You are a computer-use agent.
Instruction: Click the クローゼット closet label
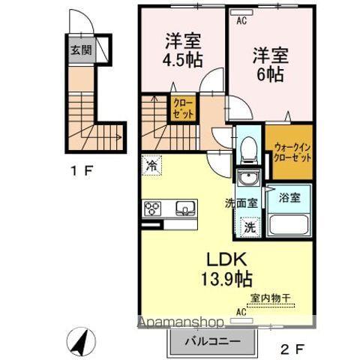(x=183, y=109)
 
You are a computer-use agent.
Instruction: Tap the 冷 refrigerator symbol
(x=151, y=165)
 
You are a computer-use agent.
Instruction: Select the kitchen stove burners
(x=154, y=208)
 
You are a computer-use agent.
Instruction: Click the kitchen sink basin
(x=184, y=208)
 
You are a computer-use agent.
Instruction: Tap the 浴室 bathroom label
(x=290, y=198)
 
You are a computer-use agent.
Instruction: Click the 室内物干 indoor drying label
(x=269, y=298)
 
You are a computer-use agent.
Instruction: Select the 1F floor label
(x=82, y=170)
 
